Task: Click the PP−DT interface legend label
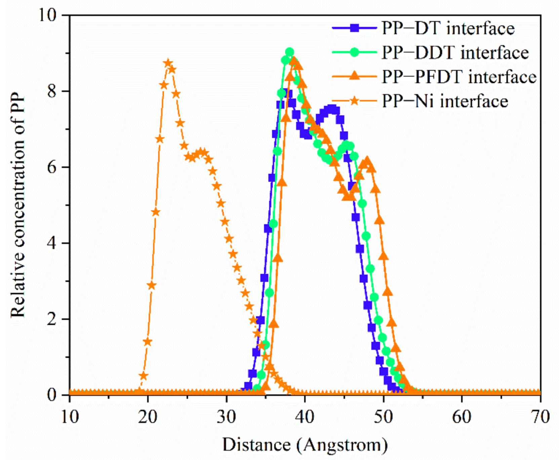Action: tap(448, 29)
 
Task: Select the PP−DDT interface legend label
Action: tap(455, 53)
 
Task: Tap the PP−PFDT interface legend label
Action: tap(459, 77)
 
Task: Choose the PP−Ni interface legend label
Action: tap(445, 101)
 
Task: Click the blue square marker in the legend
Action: tap(354, 28)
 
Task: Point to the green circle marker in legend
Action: tap(354, 52)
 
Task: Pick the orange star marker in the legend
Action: tap(354, 101)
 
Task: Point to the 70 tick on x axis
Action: tap(540, 417)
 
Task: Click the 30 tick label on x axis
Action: tap(226, 417)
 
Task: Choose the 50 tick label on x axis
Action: tap(383, 417)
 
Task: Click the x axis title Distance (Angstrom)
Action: tap(305, 445)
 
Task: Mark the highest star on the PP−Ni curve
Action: tap(168, 63)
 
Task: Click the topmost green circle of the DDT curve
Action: tap(289, 52)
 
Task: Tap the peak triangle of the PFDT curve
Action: tap(294, 61)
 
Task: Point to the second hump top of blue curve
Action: tap(332, 109)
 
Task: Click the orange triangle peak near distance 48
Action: tap(367, 161)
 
